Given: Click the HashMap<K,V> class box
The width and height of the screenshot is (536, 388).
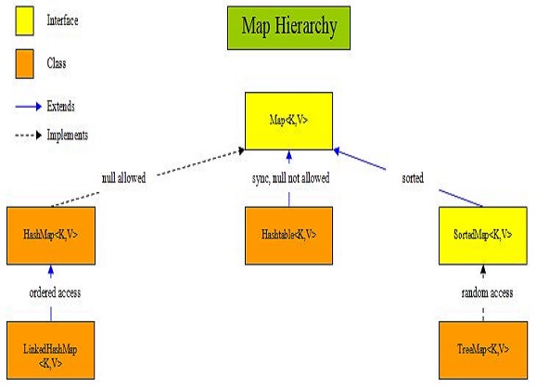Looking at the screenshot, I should click(x=51, y=233).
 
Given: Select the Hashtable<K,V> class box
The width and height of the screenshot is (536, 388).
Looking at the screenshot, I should click(x=288, y=233).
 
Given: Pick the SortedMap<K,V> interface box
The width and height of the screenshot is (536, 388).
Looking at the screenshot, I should click(x=482, y=233).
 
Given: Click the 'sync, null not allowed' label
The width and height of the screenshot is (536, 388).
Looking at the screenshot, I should click(x=289, y=176).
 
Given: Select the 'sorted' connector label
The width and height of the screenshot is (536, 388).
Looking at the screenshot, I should click(x=412, y=176).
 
